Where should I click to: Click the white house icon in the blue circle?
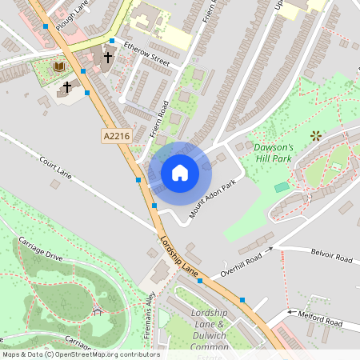[180, 172]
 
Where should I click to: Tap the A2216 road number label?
[116, 138]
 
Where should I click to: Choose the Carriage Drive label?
[42, 250]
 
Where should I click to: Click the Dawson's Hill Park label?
[274, 152]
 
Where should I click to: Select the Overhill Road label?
[242, 263]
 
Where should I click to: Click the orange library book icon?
[58, 66]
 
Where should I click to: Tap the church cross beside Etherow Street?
[108, 58]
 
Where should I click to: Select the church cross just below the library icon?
[67, 86]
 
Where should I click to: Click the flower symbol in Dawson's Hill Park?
[314, 135]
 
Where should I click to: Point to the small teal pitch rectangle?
[281, 186]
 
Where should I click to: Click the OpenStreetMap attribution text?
[80, 354]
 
